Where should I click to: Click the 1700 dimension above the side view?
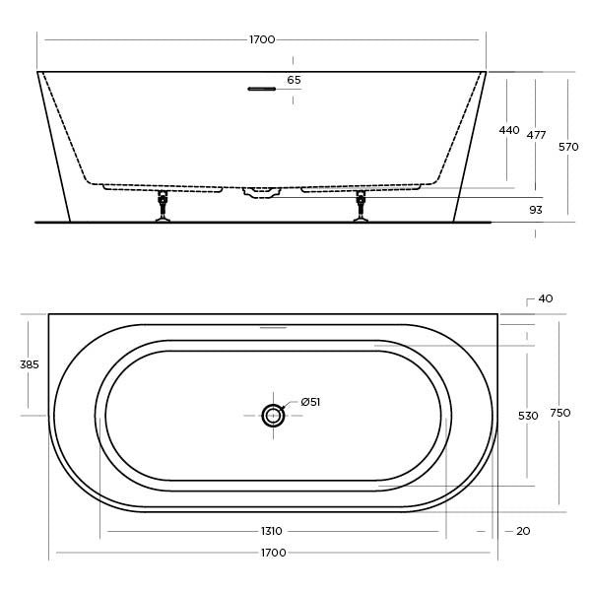(x=262, y=39)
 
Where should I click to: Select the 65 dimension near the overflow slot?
(x=294, y=80)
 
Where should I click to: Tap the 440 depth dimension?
(x=508, y=130)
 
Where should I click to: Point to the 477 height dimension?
(x=536, y=135)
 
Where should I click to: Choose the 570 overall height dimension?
(x=568, y=147)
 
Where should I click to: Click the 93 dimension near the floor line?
(x=536, y=209)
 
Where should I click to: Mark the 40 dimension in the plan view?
(x=546, y=298)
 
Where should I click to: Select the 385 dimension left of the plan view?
(x=30, y=364)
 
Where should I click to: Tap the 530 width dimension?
(x=528, y=416)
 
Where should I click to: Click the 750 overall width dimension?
(x=559, y=413)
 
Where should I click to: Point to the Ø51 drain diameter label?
(x=310, y=401)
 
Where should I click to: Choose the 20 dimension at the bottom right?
(x=523, y=531)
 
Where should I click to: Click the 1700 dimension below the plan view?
(x=273, y=553)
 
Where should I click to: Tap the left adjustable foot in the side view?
(x=164, y=207)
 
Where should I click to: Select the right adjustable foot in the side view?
(x=361, y=207)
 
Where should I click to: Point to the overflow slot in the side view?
(x=261, y=89)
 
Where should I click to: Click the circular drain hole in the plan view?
(x=273, y=416)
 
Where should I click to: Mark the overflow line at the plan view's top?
(x=273, y=327)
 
